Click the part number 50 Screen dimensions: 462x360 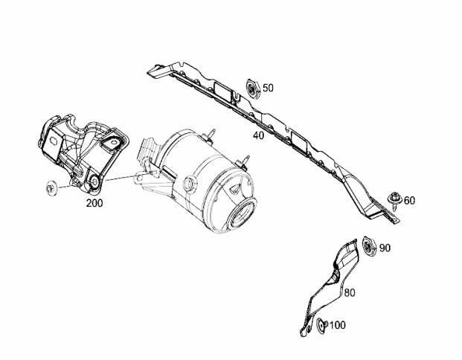coord(268,88)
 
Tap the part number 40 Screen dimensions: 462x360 coord(259,135)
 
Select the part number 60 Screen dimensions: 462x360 coord(409,201)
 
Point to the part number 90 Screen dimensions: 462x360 coord(385,248)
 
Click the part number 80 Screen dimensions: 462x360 coord(350,293)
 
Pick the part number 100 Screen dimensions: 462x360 coord(337,325)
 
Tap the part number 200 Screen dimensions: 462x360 coord(94,203)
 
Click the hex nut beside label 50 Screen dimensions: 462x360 coord(253,89)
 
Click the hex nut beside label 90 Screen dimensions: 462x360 coord(368,247)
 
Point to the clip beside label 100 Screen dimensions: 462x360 coord(321,325)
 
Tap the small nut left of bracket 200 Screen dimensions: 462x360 coord(51,188)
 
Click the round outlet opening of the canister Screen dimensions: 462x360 coord(242,213)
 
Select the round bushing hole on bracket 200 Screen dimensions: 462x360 coord(95,181)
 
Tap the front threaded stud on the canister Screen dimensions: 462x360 coord(245,161)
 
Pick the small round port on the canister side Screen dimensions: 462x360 coord(189,184)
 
